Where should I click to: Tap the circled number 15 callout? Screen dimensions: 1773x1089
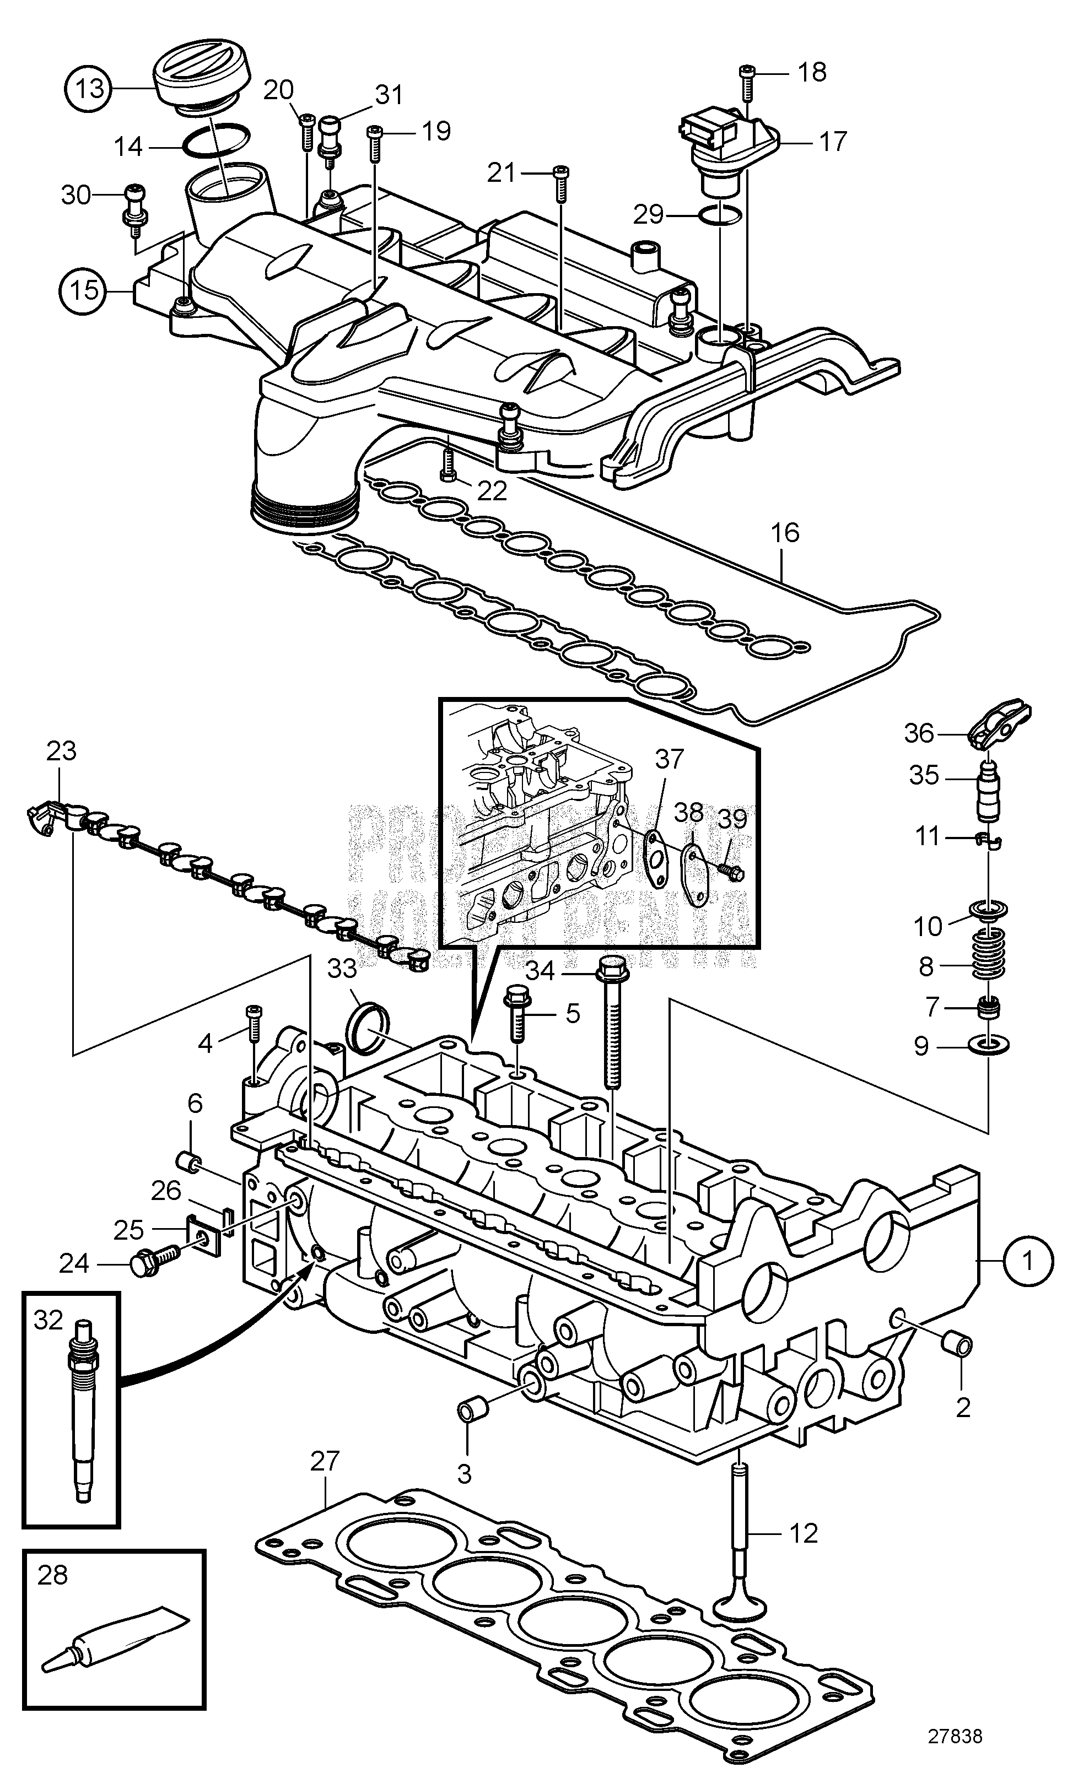[x=84, y=290]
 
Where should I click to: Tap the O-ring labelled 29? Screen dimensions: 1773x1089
[x=720, y=214]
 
